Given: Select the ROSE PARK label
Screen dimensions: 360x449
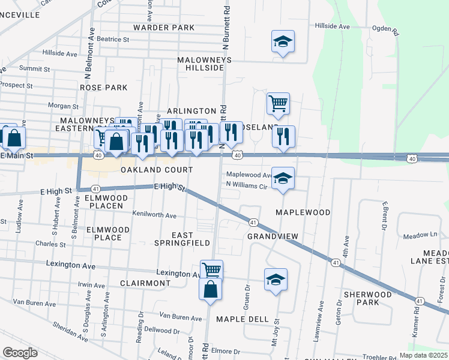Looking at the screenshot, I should point(104,88).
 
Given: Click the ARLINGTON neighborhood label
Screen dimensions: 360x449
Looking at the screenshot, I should point(191,111).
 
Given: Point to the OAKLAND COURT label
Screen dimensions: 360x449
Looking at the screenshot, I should point(157,170).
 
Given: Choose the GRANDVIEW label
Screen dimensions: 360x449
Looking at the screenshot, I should point(273,236).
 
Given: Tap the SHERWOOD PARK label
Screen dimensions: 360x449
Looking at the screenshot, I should point(360,298).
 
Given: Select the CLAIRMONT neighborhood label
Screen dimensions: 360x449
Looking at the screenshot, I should point(146,283).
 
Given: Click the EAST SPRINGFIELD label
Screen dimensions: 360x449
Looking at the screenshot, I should point(191,239).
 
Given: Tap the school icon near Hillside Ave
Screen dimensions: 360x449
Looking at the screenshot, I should point(283,42).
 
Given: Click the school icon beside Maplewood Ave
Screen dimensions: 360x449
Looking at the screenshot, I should point(283,178).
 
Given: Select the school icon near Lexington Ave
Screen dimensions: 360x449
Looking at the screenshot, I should point(276,280).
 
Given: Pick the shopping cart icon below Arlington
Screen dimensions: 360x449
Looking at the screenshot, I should point(278,104).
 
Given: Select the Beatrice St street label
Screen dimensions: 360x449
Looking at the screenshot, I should point(113,39).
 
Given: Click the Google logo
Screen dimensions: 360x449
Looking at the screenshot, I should point(20,353).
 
